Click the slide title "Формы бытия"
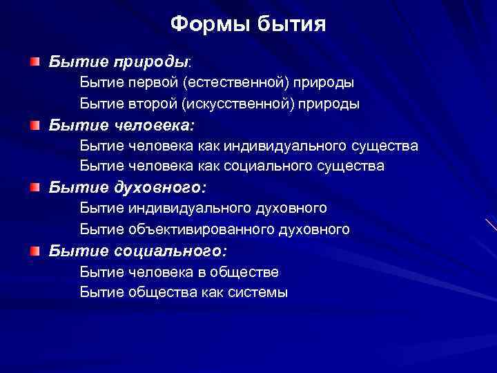(248, 26)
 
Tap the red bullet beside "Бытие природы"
(35, 62)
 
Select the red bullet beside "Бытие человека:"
(35, 125)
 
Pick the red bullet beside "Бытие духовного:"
(35, 187)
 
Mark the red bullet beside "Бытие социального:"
(35, 250)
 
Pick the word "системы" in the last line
(262, 292)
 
